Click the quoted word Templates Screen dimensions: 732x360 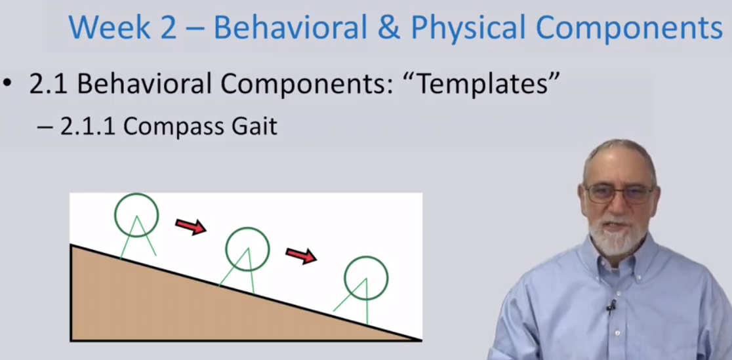[x=481, y=85]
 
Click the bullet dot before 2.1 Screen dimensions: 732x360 [x=7, y=84]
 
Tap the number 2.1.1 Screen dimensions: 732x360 [x=88, y=126]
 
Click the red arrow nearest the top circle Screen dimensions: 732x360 [x=190, y=226]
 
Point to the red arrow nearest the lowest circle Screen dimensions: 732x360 [x=301, y=255]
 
